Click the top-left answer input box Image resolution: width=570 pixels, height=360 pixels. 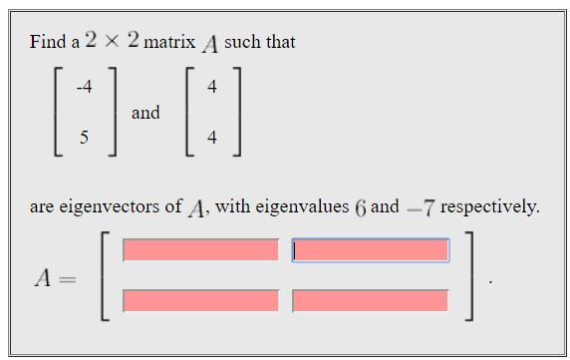point(200,250)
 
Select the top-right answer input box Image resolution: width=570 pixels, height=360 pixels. point(370,250)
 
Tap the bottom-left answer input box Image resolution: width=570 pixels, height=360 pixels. point(200,299)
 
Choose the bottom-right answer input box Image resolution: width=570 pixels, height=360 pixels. point(370,299)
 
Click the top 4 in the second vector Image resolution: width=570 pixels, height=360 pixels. point(211,86)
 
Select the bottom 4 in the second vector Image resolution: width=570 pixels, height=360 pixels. point(211,138)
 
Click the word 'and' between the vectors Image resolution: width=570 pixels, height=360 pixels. point(145,113)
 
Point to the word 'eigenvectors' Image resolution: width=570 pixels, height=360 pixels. point(122,207)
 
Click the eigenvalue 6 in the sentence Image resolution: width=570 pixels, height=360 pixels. point(360,207)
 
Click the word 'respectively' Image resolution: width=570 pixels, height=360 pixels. point(489,207)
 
